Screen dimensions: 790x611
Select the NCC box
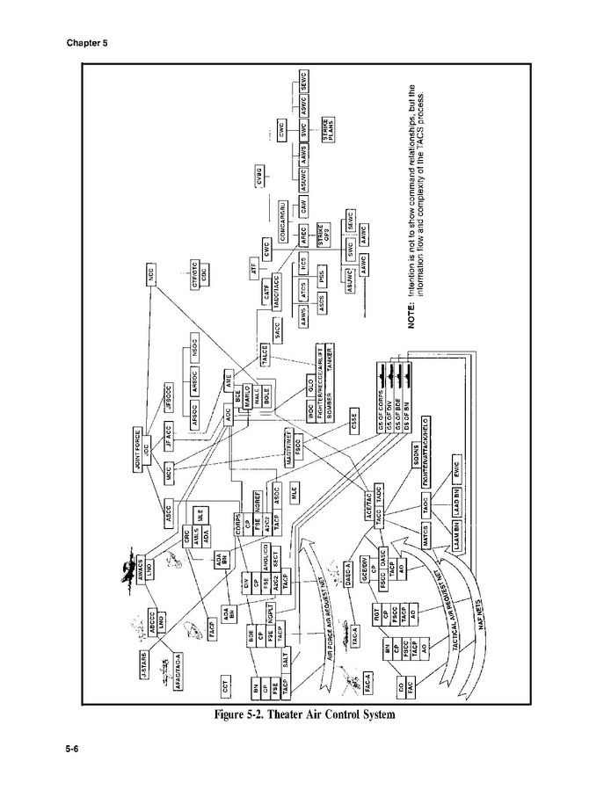tap(152, 274)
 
